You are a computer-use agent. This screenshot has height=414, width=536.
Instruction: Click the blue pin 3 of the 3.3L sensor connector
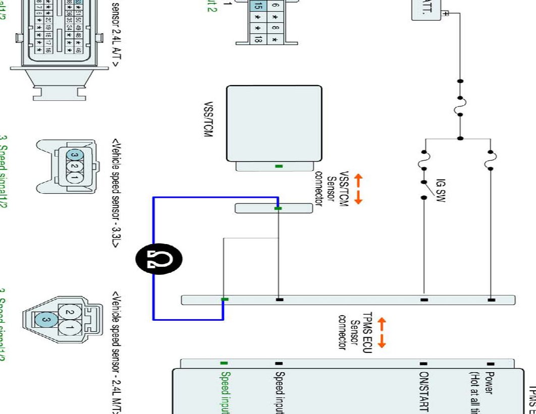74,154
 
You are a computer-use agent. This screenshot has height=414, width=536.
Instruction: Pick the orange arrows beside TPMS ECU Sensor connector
382,332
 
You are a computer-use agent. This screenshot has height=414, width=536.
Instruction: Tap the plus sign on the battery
444,14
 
